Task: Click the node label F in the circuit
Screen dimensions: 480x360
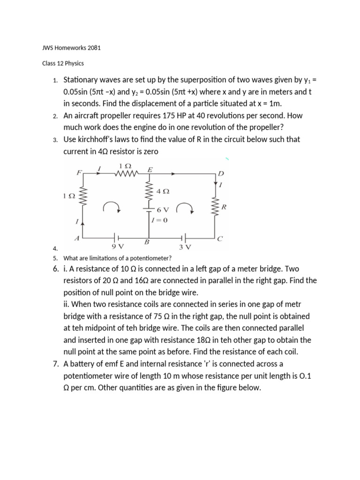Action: pos(79,172)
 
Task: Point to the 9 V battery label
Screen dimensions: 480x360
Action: pos(118,246)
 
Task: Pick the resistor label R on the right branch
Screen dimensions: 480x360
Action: pos(224,206)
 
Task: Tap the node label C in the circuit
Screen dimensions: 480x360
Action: pos(220,238)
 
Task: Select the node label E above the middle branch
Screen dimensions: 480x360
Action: pos(150,170)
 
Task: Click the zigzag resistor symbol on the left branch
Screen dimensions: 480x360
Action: pos(84,195)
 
